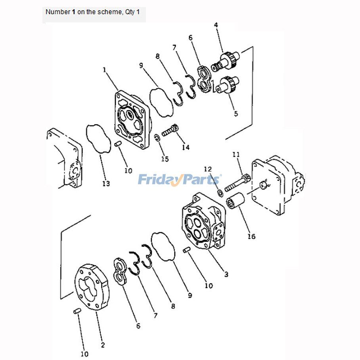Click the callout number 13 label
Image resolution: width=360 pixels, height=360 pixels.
click(106, 184)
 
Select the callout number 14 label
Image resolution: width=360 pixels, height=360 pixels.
click(186, 147)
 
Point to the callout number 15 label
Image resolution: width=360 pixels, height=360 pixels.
click(165, 159)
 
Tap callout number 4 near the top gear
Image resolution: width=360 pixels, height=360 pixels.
click(216, 25)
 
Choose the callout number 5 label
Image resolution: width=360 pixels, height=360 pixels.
click(236, 114)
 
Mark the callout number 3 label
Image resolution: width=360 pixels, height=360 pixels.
click(226, 274)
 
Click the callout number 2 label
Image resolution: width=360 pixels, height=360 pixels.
click(103, 345)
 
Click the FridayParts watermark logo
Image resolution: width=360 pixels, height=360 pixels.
click(180, 180)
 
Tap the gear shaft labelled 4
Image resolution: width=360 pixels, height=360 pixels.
click(225, 61)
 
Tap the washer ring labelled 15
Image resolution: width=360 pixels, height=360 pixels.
click(157, 138)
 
